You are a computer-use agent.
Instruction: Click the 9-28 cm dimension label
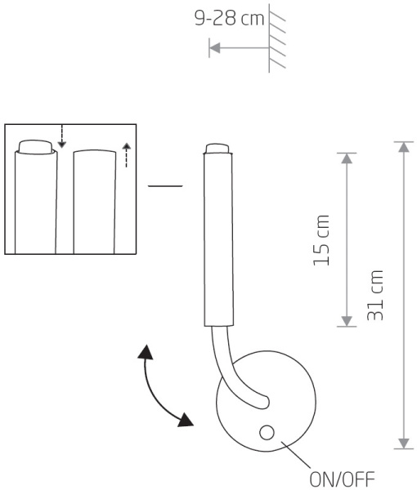(x=229, y=18)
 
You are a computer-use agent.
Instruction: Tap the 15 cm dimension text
(x=321, y=241)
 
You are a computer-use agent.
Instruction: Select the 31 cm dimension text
(x=374, y=296)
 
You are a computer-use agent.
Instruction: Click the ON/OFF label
(x=342, y=479)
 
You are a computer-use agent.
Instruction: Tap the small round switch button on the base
(x=267, y=433)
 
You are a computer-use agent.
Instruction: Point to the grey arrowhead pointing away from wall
(x=214, y=48)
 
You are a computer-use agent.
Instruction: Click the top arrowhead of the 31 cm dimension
(x=404, y=147)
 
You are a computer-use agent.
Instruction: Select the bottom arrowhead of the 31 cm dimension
(x=404, y=443)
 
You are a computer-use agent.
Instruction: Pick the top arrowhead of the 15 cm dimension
(x=347, y=158)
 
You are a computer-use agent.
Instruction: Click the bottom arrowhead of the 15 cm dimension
(x=347, y=321)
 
